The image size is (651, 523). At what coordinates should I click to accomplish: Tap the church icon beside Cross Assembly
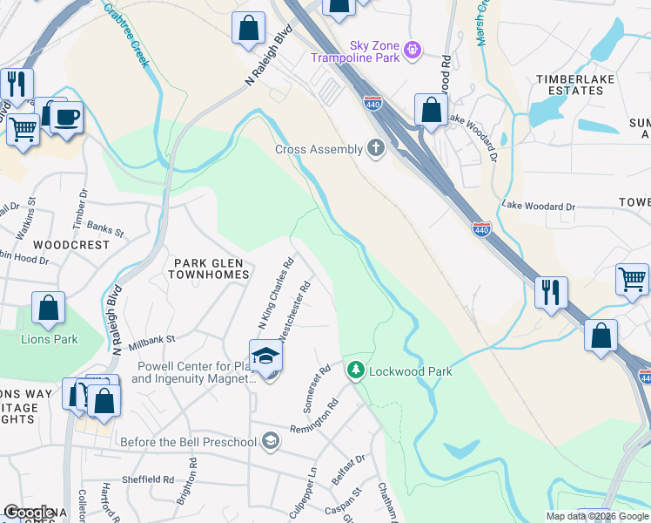click(376, 148)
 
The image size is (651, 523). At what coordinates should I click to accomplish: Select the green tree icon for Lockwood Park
click(355, 370)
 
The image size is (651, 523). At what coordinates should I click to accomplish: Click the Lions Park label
click(50, 339)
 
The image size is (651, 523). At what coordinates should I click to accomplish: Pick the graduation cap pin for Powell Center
click(265, 357)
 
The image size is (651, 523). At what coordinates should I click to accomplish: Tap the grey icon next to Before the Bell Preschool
click(271, 441)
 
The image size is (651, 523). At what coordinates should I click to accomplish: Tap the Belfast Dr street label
click(348, 469)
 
